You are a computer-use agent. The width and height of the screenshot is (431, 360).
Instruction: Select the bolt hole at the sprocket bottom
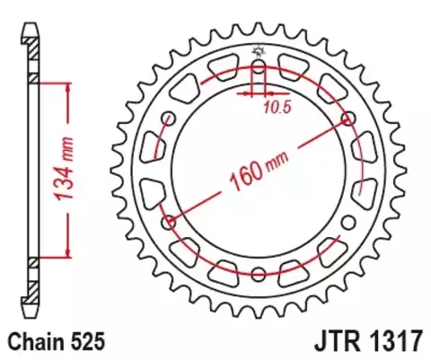click(x=259, y=274)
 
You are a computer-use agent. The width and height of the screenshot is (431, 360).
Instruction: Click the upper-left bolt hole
click(x=170, y=120)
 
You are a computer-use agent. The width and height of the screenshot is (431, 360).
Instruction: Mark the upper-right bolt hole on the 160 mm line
click(x=347, y=120)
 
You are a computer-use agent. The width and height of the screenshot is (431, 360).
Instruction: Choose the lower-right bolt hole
click(x=347, y=222)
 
